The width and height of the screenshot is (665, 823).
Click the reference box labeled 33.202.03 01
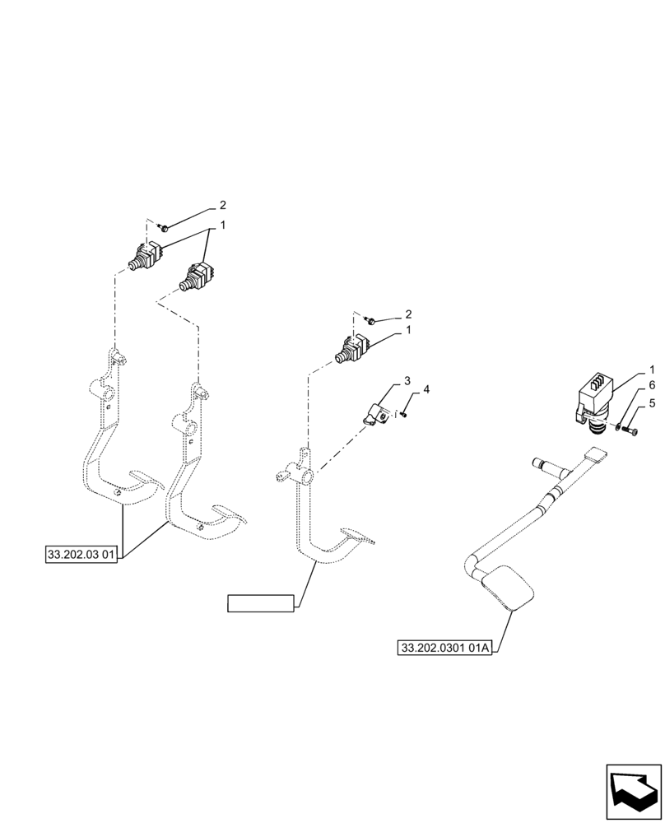click(x=81, y=554)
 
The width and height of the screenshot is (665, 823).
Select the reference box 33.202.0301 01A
click(x=444, y=649)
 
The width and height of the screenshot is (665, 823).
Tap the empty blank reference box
click(x=261, y=603)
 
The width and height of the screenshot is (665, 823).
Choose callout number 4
click(x=426, y=388)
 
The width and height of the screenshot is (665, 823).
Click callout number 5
click(x=652, y=402)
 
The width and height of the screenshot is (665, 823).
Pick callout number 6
click(x=652, y=385)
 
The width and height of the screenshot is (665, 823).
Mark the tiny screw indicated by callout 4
click(x=406, y=415)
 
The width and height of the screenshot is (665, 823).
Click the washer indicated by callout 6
click(x=618, y=425)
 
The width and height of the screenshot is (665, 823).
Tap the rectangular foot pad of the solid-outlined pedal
click(x=510, y=590)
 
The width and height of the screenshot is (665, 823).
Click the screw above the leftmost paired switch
click(x=165, y=227)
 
